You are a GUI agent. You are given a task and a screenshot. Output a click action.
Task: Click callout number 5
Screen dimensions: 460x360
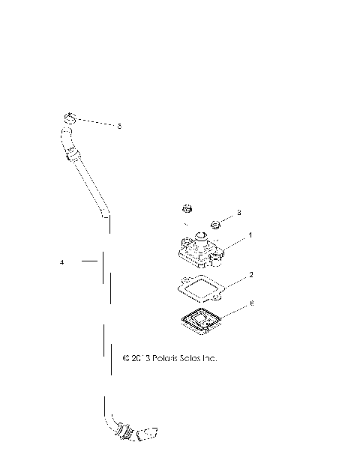pyautogui.click(x=119, y=127)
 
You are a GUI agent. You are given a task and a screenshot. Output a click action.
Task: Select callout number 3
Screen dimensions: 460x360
pyautogui.click(x=239, y=214)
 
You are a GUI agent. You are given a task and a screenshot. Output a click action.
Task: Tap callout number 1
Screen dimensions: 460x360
pyautogui.click(x=250, y=235)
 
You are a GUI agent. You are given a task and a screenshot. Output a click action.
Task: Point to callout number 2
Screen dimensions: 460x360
pyautogui.click(x=250, y=275)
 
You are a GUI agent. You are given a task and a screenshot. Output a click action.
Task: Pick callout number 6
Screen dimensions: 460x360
pyautogui.click(x=250, y=303)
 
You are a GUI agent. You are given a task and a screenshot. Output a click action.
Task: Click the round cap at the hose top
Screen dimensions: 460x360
pyautogui.click(x=68, y=118)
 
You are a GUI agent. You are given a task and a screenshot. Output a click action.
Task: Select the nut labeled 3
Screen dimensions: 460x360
pyautogui.click(x=215, y=223)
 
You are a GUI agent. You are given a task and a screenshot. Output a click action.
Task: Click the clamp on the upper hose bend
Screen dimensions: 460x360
pyautogui.click(x=71, y=156)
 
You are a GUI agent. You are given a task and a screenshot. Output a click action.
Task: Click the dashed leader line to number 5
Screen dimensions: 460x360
pyautogui.click(x=94, y=122)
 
